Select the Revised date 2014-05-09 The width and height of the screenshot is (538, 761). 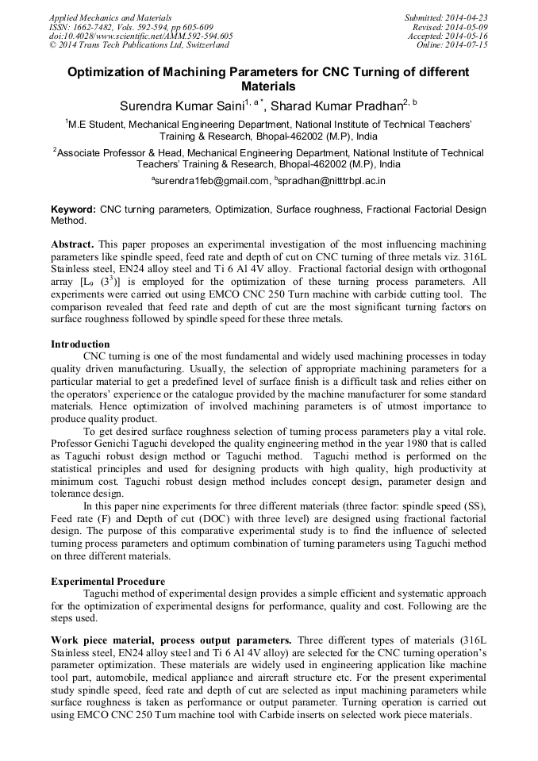pos(467,26)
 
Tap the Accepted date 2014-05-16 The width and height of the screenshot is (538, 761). pos(467,36)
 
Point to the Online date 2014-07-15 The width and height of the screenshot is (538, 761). pos(467,45)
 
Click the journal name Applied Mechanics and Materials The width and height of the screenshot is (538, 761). pos(110,17)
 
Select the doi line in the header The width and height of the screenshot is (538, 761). pos(140,36)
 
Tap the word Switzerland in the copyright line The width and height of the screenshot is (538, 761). pos(204,45)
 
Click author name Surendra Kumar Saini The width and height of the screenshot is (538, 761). pos(181,106)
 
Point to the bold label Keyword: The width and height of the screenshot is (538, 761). pos(73,209)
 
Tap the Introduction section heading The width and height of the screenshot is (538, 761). pos(80,344)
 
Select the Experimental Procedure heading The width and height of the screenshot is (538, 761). pos(107,582)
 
